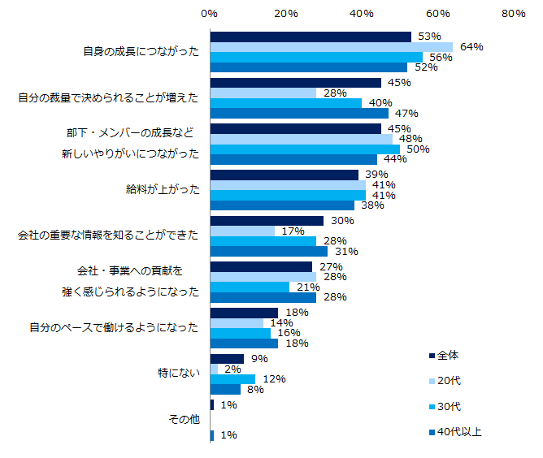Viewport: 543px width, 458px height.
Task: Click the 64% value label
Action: point(471,47)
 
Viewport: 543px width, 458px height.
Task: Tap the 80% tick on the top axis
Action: point(513,14)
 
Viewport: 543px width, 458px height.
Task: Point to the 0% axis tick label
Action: point(209,14)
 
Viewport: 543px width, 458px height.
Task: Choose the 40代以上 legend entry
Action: point(459,432)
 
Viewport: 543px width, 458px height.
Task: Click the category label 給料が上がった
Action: point(161,189)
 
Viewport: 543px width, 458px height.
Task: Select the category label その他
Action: point(183,420)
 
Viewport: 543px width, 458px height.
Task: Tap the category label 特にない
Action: point(177,374)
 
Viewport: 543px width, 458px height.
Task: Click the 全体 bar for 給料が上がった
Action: point(284,175)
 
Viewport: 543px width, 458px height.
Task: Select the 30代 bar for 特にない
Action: point(232,379)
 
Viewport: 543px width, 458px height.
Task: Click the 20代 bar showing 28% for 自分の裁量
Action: point(263,93)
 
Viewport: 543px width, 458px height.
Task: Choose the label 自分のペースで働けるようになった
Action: point(114,327)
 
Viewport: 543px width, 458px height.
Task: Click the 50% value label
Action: point(418,149)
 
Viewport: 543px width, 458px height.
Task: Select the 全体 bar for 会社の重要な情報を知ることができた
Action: point(267,221)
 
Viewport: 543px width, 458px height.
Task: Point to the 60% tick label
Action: point(437,14)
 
